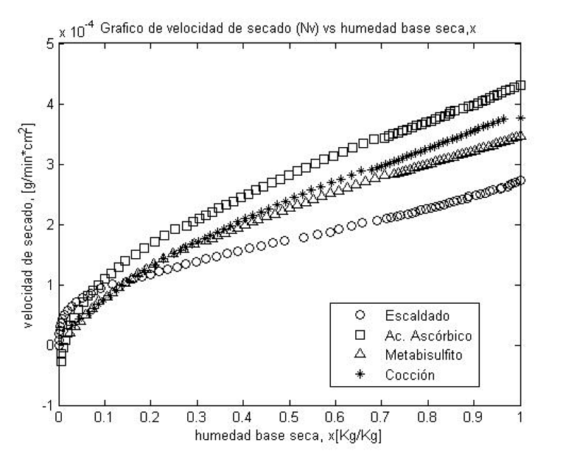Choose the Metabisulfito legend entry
pos(421,355)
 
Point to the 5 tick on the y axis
pos(49,43)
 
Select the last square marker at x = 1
pos(521,85)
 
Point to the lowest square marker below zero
pos(61,361)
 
